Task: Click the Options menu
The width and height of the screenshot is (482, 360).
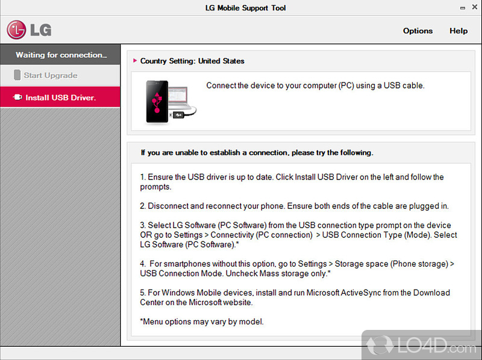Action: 418,31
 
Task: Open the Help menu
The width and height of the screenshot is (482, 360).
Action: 459,31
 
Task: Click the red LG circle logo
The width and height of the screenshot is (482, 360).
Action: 16,29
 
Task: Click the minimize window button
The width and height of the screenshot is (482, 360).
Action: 463,8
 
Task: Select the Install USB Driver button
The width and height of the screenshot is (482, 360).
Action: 60,98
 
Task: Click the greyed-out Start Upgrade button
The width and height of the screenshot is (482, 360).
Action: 60,75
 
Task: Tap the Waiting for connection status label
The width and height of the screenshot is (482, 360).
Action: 61,55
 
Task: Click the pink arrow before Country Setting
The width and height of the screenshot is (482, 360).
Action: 135,61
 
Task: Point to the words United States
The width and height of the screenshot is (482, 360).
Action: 221,61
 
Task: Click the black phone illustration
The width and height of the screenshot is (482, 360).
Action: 157,102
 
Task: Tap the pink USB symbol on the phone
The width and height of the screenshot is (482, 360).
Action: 157,102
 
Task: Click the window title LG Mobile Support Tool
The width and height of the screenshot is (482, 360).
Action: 245,8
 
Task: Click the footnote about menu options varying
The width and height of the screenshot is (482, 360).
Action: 202,321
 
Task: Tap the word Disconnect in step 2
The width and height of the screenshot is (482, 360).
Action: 168,206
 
